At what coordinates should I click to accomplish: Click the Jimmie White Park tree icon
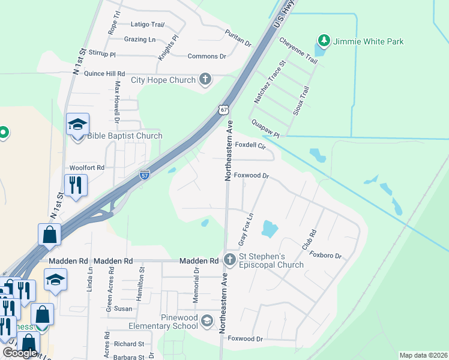pyautogui.click(x=324, y=41)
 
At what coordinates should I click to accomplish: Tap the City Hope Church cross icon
pyautogui.click(x=205, y=79)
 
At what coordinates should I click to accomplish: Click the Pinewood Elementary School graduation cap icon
pyautogui.click(x=207, y=321)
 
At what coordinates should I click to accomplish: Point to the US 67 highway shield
pyautogui.click(x=223, y=110)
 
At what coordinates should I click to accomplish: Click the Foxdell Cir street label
pyautogui.click(x=250, y=145)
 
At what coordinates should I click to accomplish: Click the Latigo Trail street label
pyautogui.click(x=147, y=25)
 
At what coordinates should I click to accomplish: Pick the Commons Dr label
pyautogui.click(x=206, y=56)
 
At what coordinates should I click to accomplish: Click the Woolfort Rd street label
pyautogui.click(x=87, y=168)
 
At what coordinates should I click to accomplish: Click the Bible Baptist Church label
pyautogui.click(x=125, y=136)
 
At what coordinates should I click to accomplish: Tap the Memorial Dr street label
pyautogui.click(x=196, y=279)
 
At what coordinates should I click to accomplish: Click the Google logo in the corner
pyautogui.click(x=19, y=353)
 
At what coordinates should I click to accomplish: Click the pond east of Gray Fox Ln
pyautogui.click(x=270, y=229)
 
